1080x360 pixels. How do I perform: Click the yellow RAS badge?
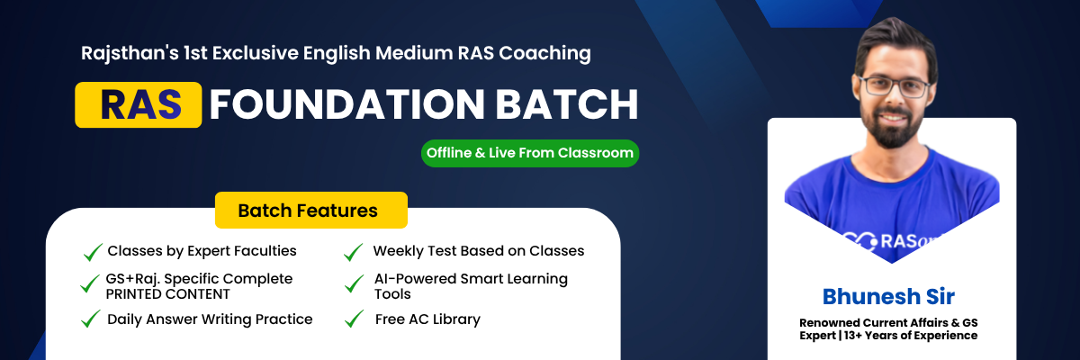(138, 104)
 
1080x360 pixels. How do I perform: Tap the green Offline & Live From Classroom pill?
(530, 153)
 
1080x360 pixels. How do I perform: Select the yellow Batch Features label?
(310, 211)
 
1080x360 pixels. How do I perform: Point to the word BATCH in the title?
(566, 104)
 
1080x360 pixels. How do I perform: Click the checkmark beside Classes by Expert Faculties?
(93, 251)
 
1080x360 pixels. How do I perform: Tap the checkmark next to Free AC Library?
(354, 319)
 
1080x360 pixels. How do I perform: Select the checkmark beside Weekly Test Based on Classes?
(354, 251)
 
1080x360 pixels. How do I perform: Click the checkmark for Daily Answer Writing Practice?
(91, 319)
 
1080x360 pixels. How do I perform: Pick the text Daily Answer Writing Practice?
(210, 319)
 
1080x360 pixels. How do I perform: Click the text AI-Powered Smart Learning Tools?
(471, 286)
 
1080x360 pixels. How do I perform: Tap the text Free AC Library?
(428, 319)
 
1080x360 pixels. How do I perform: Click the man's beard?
(891, 126)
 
